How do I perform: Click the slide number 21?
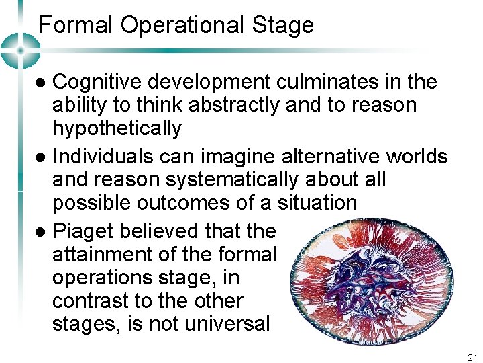tap(472, 358)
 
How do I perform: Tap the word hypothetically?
tap(117, 128)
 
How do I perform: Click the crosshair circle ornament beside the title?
tap(21, 50)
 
